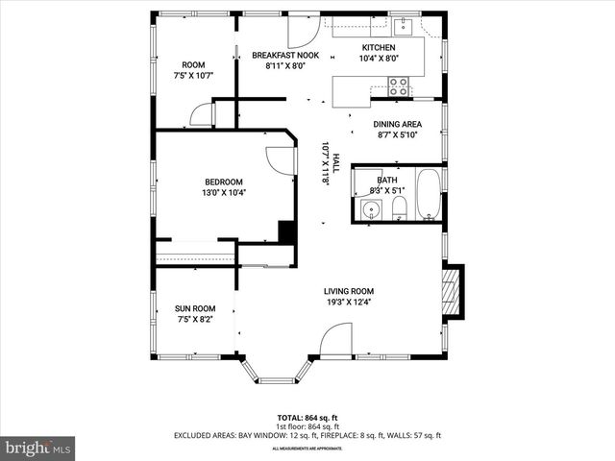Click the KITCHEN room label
(x=378, y=47)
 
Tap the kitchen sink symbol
(x=405, y=26)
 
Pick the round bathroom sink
(x=369, y=209)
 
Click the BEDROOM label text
(x=223, y=182)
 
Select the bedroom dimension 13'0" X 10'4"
(x=223, y=193)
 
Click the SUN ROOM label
(x=193, y=308)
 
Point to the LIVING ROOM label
(x=348, y=291)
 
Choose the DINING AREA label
(x=398, y=124)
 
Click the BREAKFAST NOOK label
(x=285, y=56)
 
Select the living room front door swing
(x=336, y=341)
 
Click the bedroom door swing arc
(x=280, y=159)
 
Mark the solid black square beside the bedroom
(x=285, y=231)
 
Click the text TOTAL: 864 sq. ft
(x=307, y=419)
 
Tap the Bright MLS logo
(x=37, y=448)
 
